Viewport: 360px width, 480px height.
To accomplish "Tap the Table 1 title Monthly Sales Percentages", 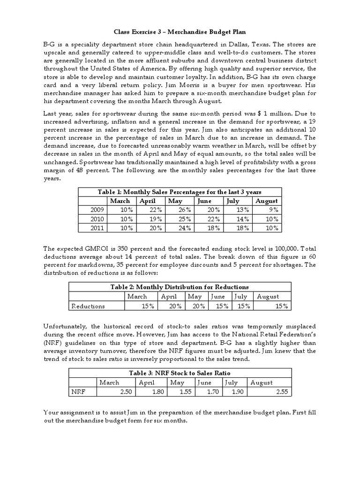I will pyautogui.click(x=180, y=192).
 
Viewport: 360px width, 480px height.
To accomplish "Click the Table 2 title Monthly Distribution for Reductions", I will pyautogui.click(x=180, y=287).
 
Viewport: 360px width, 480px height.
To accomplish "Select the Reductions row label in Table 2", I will pyautogui.click(x=88, y=306).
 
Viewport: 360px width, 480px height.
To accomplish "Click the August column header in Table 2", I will pyautogui.click(x=268, y=296).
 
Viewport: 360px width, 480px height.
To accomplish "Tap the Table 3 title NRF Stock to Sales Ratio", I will pyautogui.click(x=180, y=373).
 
